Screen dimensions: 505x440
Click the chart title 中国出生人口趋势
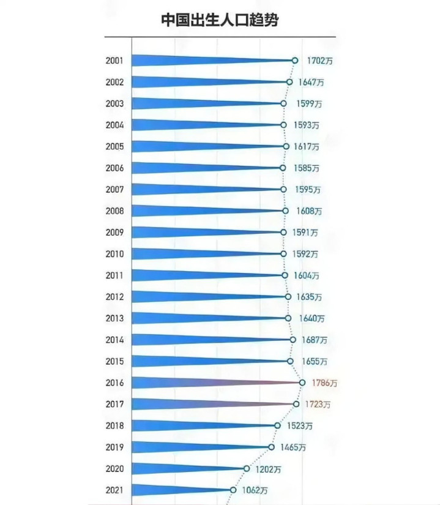click(220, 20)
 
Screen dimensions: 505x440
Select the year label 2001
click(114, 61)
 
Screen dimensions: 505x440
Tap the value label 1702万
click(321, 61)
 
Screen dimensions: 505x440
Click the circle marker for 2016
click(302, 383)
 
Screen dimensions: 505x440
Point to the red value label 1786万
click(325, 383)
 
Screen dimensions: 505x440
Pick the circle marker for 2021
click(233, 490)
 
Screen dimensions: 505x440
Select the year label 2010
click(114, 254)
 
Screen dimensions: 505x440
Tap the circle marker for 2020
click(247, 468)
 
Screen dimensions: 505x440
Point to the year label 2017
click(114, 404)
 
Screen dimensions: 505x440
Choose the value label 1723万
click(318, 405)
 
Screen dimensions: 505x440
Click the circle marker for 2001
click(295, 61)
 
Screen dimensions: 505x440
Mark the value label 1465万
click(294, 447)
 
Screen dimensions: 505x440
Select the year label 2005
click(114, 146)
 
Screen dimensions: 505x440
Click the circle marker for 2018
click(277, 425)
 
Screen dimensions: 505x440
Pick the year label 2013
click(114, 318)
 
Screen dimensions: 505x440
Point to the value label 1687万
click(315, 340)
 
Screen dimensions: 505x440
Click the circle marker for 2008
click(285, 211)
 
